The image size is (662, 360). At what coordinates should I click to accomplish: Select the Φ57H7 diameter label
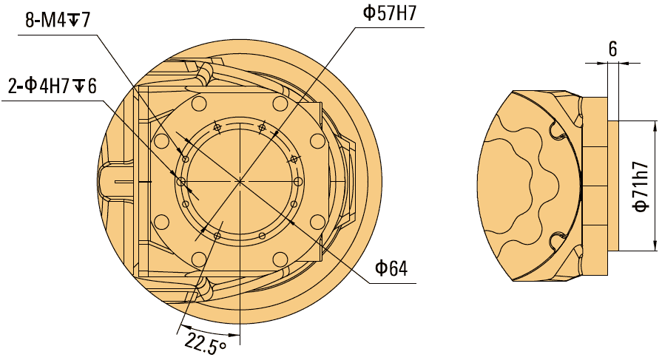pos(394,14)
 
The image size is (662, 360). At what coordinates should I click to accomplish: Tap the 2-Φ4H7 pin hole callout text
pos(52,86)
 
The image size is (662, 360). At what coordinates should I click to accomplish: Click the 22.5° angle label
pos(204,343)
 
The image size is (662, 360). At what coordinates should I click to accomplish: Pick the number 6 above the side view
pos(612,50)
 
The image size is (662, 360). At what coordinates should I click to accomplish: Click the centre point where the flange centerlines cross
pos(239,180)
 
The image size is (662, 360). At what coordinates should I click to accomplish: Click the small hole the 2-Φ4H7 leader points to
pos(180,181)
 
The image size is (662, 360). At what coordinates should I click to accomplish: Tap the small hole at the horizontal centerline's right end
pos(298,181)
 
